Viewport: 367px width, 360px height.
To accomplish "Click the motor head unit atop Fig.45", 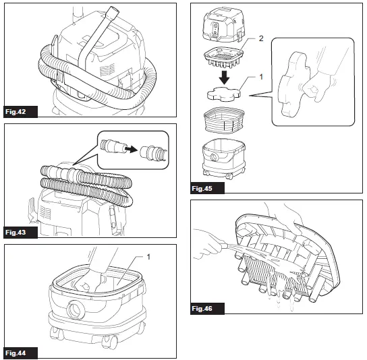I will click(x=225, y=23).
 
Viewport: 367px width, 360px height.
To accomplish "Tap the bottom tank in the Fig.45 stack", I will click(x=225, y=160).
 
